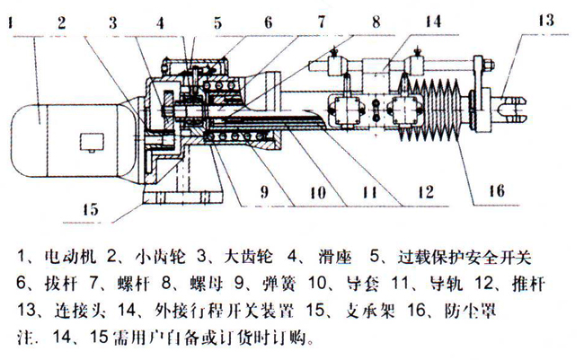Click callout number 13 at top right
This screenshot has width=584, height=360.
coord(546,20)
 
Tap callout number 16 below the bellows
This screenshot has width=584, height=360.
coord(497,191)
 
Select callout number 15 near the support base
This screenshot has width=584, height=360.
coord(90,209)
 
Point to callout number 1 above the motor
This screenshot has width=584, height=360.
coord(11,22)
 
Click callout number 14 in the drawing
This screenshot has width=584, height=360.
coord(434,22)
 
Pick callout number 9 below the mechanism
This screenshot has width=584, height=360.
coord(264,192)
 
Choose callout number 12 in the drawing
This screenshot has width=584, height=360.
coord(426,192)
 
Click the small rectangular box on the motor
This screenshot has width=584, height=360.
coord(92,143)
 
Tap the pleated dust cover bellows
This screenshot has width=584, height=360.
coord(431,110)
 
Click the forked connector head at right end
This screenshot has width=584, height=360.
coord(511,109)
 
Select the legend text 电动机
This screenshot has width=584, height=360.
coord(70,258)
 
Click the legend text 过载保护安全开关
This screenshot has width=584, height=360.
coord(465,258)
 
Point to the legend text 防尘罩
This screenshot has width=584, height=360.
coord(470,311)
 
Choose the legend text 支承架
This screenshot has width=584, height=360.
coord(370,311)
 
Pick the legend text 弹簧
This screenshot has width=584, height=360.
coord(279,284)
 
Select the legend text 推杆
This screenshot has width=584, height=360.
coord(529,284)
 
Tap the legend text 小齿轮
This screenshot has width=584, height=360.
coord(160,258)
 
